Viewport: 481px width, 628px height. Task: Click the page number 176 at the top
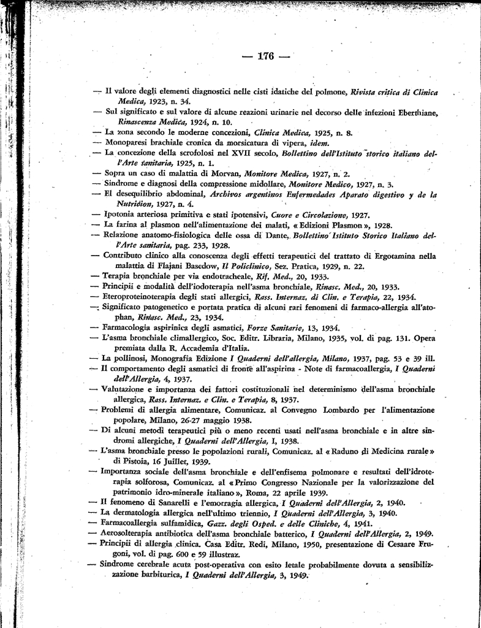pos(265,56)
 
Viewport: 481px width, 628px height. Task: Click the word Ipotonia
pos(119,215)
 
